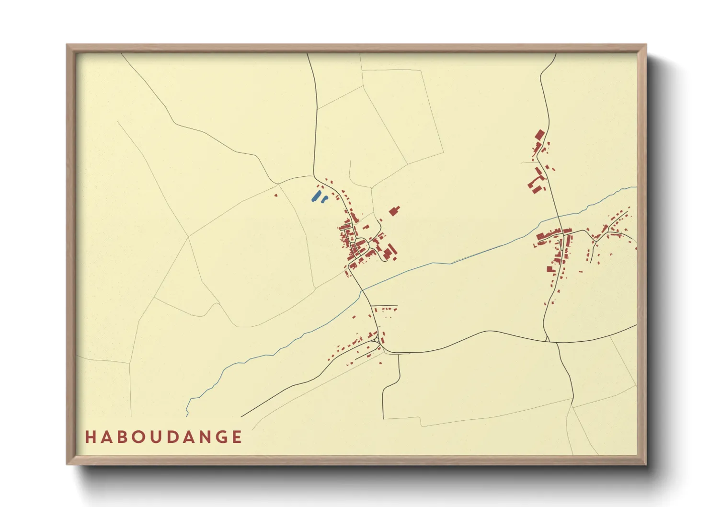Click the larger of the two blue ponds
pyautogui.click(x=316, y=196)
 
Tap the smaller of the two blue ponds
pyautogui.click(x=324, y=198)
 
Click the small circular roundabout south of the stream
pyautogui.click(x=377, y=340)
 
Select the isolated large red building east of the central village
pyautogui.click(x=394, y=211)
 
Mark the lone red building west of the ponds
pyautogui.click(x=275, y=195)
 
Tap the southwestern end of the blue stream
pyautogui.click(x=187, y=415)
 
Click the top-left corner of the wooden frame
pyautogui.click(x=68, y=46)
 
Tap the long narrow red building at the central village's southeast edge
pyautogui.click(x=392, y=250)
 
